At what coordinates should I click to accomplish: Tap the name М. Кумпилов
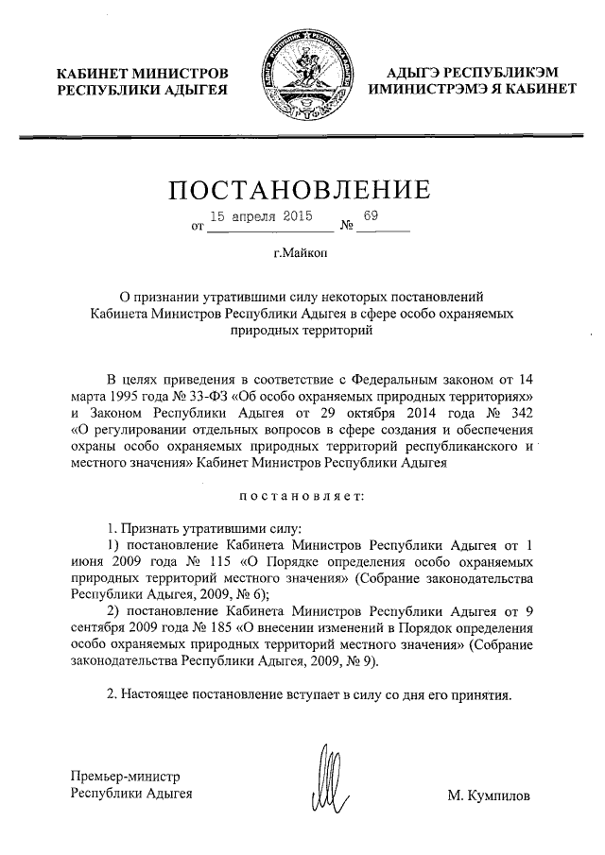tap(490, 795)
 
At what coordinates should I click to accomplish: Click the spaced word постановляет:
tap(302, 494)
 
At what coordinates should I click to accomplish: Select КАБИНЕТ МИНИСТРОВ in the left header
tap(142, 73)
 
